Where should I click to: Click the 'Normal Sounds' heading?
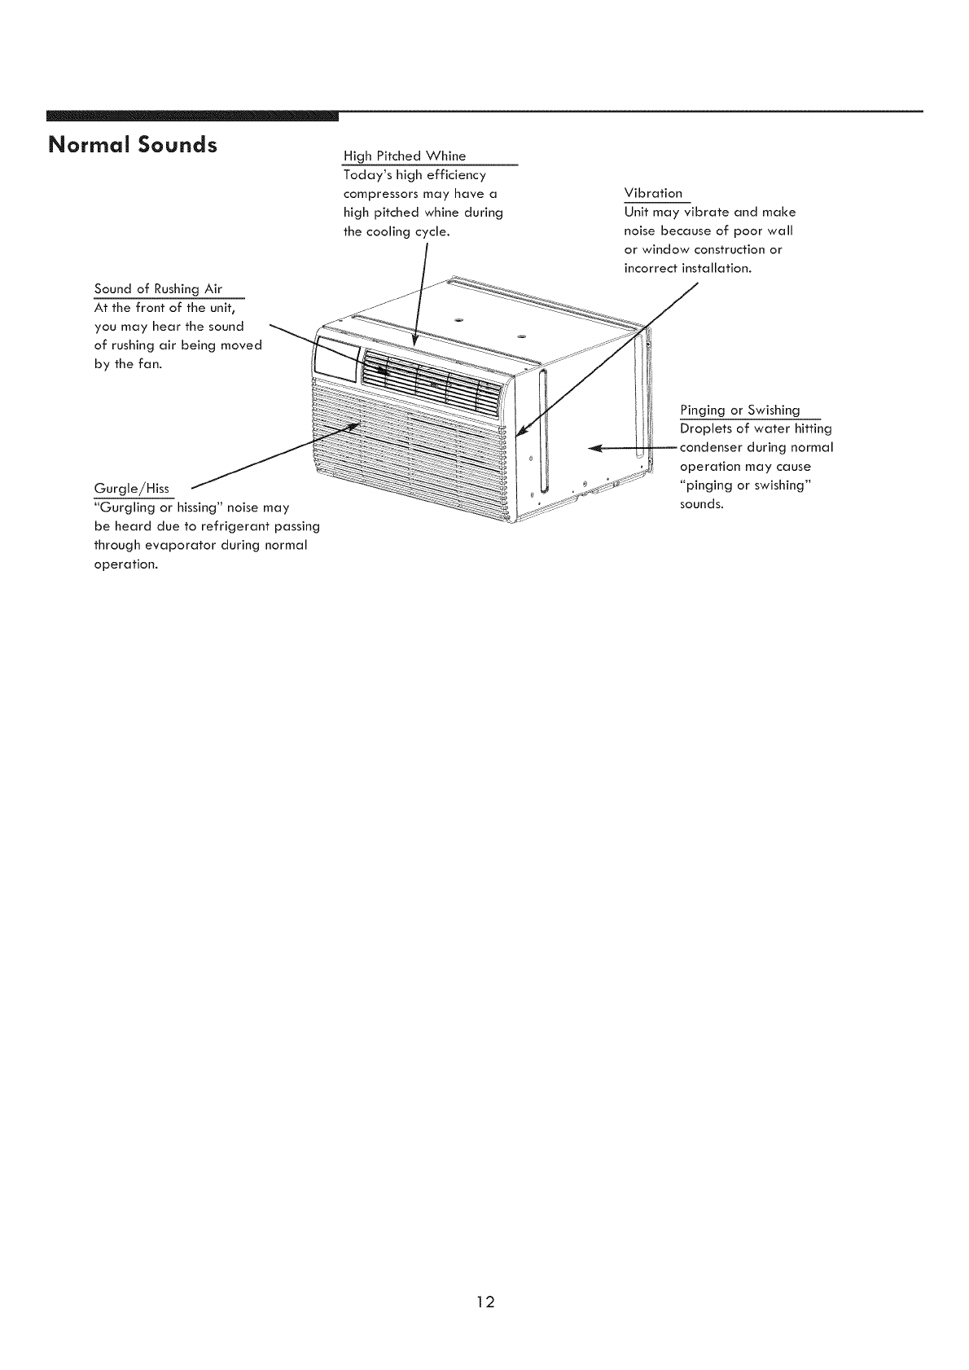click(133, 145)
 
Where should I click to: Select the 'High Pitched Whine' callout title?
click(405, 156)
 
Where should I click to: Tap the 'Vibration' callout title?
click(653, 193)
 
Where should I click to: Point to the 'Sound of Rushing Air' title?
click(158, 289)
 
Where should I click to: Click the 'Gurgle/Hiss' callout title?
click(132, 488)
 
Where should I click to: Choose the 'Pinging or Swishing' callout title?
click(739, 410)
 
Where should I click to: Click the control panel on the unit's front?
click(335, 360)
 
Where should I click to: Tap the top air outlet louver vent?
click(432, 378)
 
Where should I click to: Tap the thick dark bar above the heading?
click(192, 115)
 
